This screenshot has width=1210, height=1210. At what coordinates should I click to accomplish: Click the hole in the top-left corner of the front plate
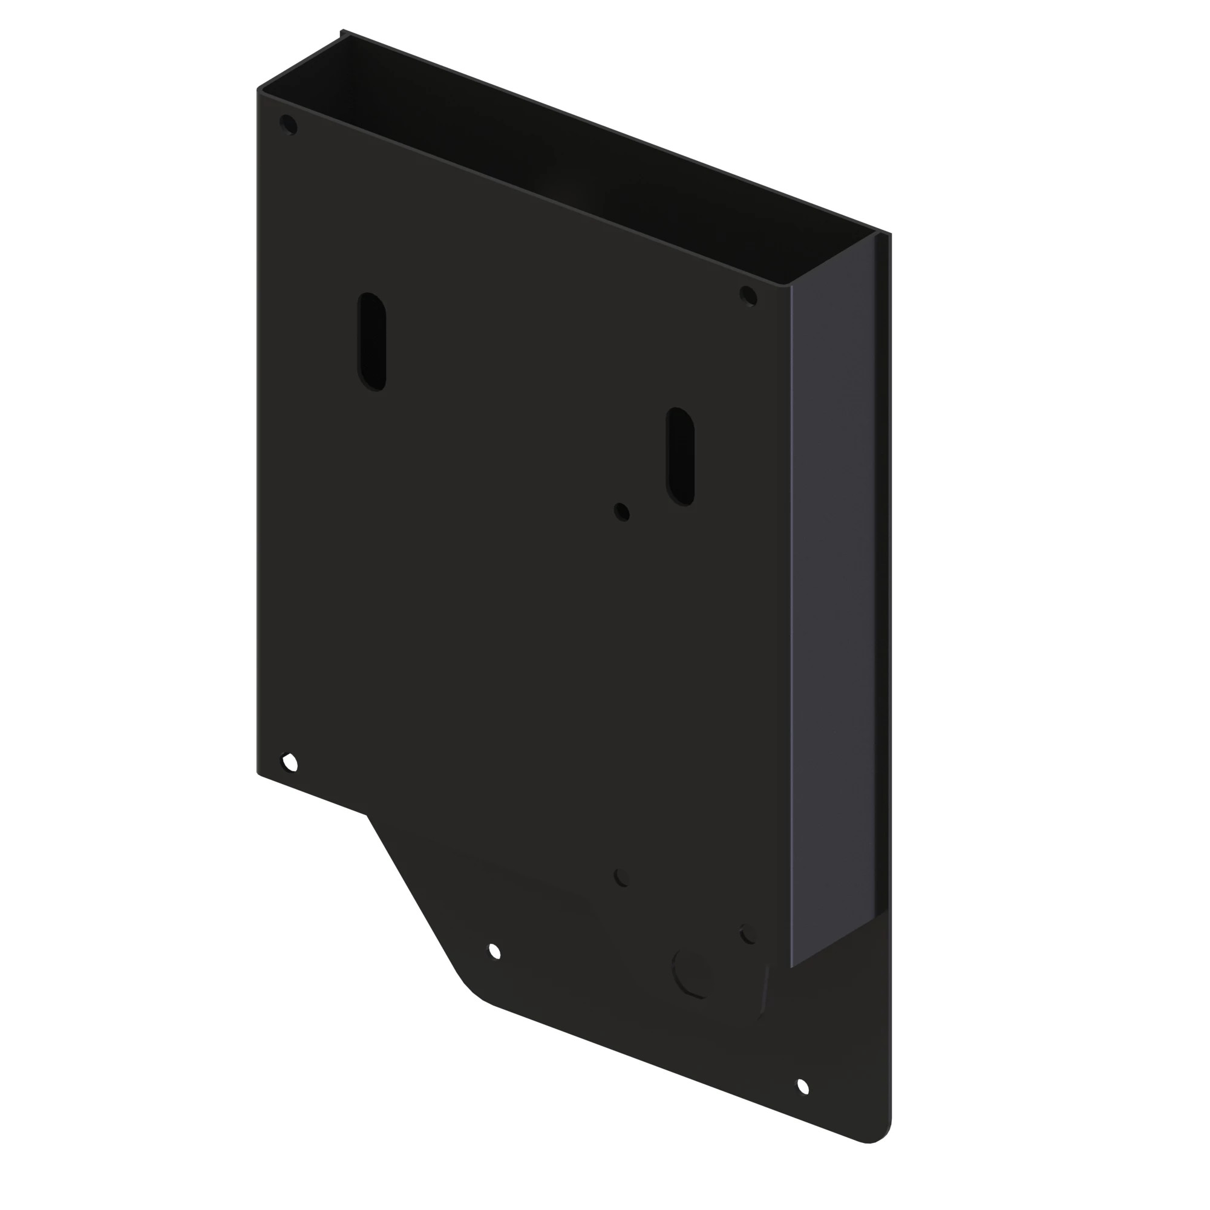pyautogui.click(x=288, y=125)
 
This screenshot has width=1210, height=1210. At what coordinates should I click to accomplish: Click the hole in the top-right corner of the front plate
pyautogui.click(x=748, y=296)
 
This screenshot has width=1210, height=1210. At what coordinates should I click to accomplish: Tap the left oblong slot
pyautogui.click(x=371, y=342)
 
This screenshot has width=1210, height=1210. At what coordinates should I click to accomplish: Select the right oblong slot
pyautogui.click(x=680, y=457)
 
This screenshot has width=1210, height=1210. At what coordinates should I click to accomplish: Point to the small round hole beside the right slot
pyautogui.click(x=622, y=511)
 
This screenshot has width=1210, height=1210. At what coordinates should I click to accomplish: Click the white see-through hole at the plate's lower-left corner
pyautogui.click(x=289, y=763)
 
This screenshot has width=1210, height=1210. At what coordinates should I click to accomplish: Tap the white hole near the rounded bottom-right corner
pyautogui.click(x=802, y=1087)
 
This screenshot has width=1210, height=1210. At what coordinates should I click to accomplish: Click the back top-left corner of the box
pyautogui.click(x=342, y=33)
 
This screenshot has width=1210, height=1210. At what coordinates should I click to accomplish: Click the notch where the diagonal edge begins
pyautogui.click(x=367, y=815)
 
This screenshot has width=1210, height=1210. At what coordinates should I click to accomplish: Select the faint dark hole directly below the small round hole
pyautogui.click(x=621, y=877)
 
